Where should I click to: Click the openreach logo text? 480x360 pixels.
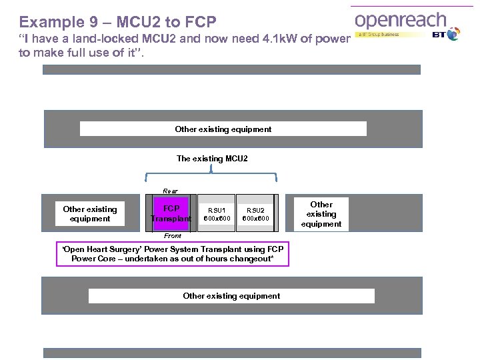click(400, 20)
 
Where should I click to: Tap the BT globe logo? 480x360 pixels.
click(453, 34)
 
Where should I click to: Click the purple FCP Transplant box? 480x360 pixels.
click(171, 213)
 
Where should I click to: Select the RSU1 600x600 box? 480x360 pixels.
click(217, 213)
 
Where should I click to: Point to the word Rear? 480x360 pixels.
click(171, 191)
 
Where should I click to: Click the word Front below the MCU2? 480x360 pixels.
click(173, 235)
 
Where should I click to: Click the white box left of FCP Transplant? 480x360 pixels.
click(89, 213)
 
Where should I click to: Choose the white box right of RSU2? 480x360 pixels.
click(321, 214)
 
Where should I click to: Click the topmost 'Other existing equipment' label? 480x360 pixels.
click(223, 129)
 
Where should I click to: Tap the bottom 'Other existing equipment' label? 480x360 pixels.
click(231, 295)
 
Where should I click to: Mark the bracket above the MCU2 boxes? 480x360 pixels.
click(211, 174)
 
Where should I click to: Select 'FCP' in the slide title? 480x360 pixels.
click(198, 21)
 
